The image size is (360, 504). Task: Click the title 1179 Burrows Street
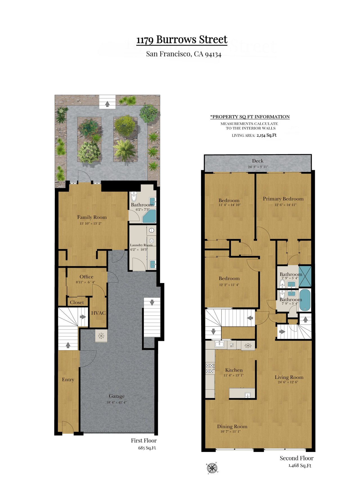point(182,40)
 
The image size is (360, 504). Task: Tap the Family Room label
point(92,217)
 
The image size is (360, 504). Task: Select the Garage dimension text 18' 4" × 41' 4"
point(116,402)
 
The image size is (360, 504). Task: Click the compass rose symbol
point(212,468)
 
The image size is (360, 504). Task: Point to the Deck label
point(258,161)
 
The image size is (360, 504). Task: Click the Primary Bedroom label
point(283,199)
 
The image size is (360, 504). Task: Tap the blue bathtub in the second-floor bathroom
point(305,300)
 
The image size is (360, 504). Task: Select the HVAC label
point(98,313)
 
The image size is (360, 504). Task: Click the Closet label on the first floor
point(77,302)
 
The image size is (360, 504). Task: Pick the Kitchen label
point(234,370)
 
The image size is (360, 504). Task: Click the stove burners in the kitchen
point(210,368)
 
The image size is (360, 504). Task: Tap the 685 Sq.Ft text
point(147,448)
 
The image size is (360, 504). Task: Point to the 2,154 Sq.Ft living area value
point(267,135)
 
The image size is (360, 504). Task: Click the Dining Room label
point(232,426)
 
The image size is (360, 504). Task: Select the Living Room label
point(289,377)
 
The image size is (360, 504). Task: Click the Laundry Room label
point(141,245)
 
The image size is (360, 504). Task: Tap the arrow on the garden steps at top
point(107,104)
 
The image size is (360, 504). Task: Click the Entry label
point(68,380)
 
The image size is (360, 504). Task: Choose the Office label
point(86,277)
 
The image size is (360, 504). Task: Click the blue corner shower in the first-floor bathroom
point(150,216)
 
